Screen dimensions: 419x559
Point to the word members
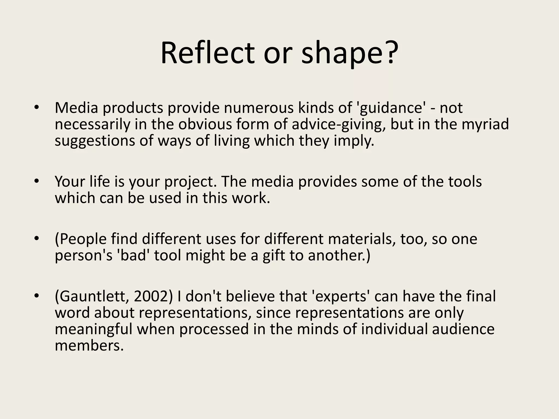tap(89, 345)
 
